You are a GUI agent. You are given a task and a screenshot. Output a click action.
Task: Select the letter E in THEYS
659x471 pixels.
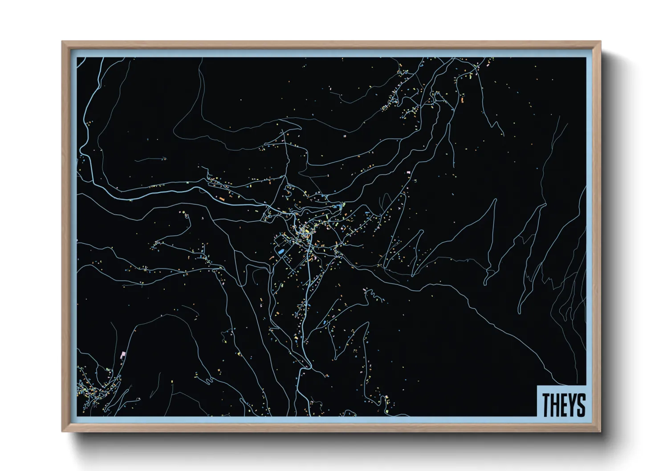(x=563, y=405)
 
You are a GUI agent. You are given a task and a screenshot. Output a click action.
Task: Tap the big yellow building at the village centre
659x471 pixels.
(x=306, y=231)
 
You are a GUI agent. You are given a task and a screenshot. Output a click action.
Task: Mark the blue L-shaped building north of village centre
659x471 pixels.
(x=342, y=206)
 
